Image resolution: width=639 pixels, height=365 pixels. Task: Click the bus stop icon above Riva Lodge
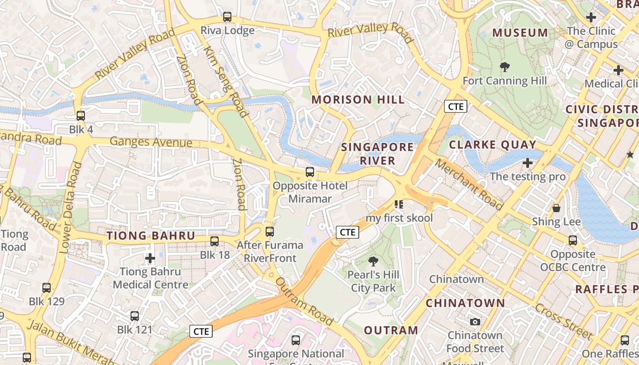pyautogui.click(x=227, y=17)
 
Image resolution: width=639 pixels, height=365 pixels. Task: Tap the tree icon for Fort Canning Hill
pyautogui.click(x=504, y=68)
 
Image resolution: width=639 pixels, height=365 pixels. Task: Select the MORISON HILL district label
pyautogui.click(x=358, y=99)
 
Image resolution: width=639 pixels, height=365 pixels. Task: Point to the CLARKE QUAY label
pyautogui.click(x=492, y=145)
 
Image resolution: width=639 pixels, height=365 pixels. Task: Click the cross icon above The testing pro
pyautogui.click(x=528, y=163)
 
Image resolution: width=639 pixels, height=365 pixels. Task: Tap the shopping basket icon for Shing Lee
pyautogui.click(x=556, y=209)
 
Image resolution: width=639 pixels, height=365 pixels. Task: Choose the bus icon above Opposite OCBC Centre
pyautogui.click(x=573, y=240)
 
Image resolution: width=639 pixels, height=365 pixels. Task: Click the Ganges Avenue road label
pyautogui.click(x=151, y=142)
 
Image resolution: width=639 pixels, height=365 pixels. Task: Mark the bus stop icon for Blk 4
pyautogui.click(x=81, y=116)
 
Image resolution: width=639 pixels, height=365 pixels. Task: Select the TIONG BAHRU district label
pyautogui.click(x=151, y=236)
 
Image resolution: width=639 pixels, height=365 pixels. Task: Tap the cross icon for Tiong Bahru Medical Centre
pyautogui.click(x=150, y=259)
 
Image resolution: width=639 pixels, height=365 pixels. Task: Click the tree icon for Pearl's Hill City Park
pyautogui.click(x=373, y=261)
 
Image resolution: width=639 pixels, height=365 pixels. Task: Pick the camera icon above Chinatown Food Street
pyautogui.click(x=475, y=322)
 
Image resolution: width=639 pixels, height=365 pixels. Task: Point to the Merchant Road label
pyautogui.click(x=469, y=184)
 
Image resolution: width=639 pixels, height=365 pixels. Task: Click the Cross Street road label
pyautogui.click(x=563, y=322)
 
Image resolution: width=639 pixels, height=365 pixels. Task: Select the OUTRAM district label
pyautogui.click(x=391, y=330)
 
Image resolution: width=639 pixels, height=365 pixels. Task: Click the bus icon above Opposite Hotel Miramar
pyautogui.click(x=310, y=172)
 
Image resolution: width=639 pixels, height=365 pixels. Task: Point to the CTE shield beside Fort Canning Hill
pyautogui.click(x=456, y=107)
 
